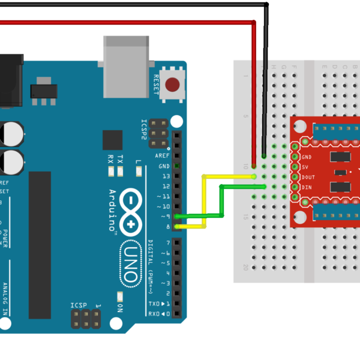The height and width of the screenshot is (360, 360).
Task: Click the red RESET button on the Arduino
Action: coord(173,85)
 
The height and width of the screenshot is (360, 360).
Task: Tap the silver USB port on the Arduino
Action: coord(125,66)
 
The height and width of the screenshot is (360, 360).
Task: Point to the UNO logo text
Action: coord(130,263)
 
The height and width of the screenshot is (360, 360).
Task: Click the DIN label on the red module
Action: coord(307,187)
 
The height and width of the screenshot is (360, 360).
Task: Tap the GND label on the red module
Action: coord(307,156)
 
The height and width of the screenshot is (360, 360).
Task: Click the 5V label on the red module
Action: coord(305,166)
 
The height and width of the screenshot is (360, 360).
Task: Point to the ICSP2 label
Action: coord(144,129)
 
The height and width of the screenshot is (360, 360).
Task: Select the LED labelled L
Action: coord(138,172)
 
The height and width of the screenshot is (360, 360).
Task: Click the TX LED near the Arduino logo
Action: coord(120,172)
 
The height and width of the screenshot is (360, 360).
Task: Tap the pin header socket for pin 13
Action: coord(177,176)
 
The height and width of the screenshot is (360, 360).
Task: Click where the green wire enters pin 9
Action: coord(177,216)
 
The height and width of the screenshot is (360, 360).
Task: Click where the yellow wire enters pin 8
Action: coord(177,226)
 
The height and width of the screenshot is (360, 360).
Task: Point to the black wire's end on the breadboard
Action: coord(264,155)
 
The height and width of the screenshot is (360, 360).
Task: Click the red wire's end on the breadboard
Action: coord(254,166)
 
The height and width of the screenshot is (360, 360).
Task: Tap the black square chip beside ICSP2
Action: coord(112,140)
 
